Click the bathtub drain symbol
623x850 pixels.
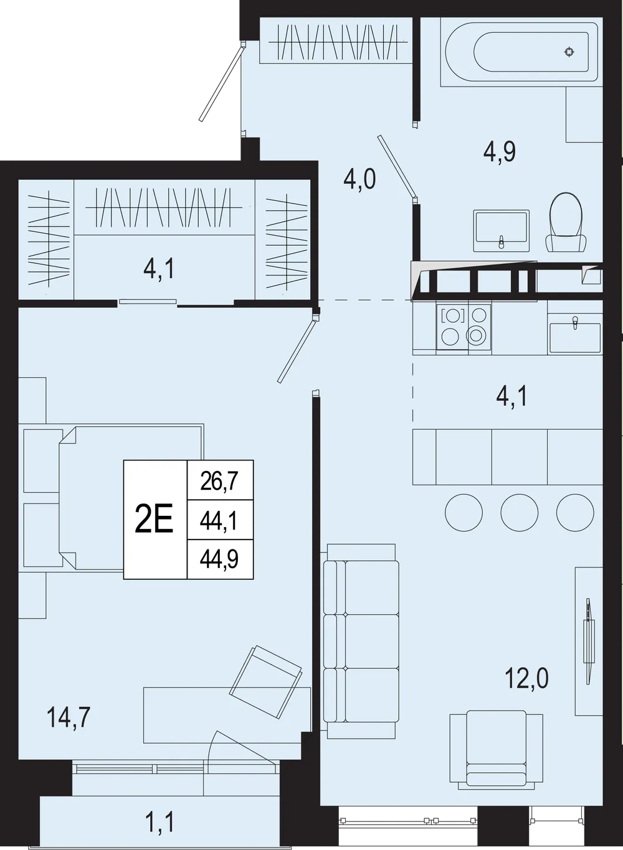point(569,52)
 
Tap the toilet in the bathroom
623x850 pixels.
point(566,222)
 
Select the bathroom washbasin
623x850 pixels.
point(502,230)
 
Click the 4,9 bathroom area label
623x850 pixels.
point(499,152)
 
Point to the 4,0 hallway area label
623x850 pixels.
point(359,179)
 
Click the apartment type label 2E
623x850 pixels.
point(155,518)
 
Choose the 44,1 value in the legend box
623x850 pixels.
point(219,521)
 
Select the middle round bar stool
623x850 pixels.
point(520,513)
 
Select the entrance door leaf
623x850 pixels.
point(221,82)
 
